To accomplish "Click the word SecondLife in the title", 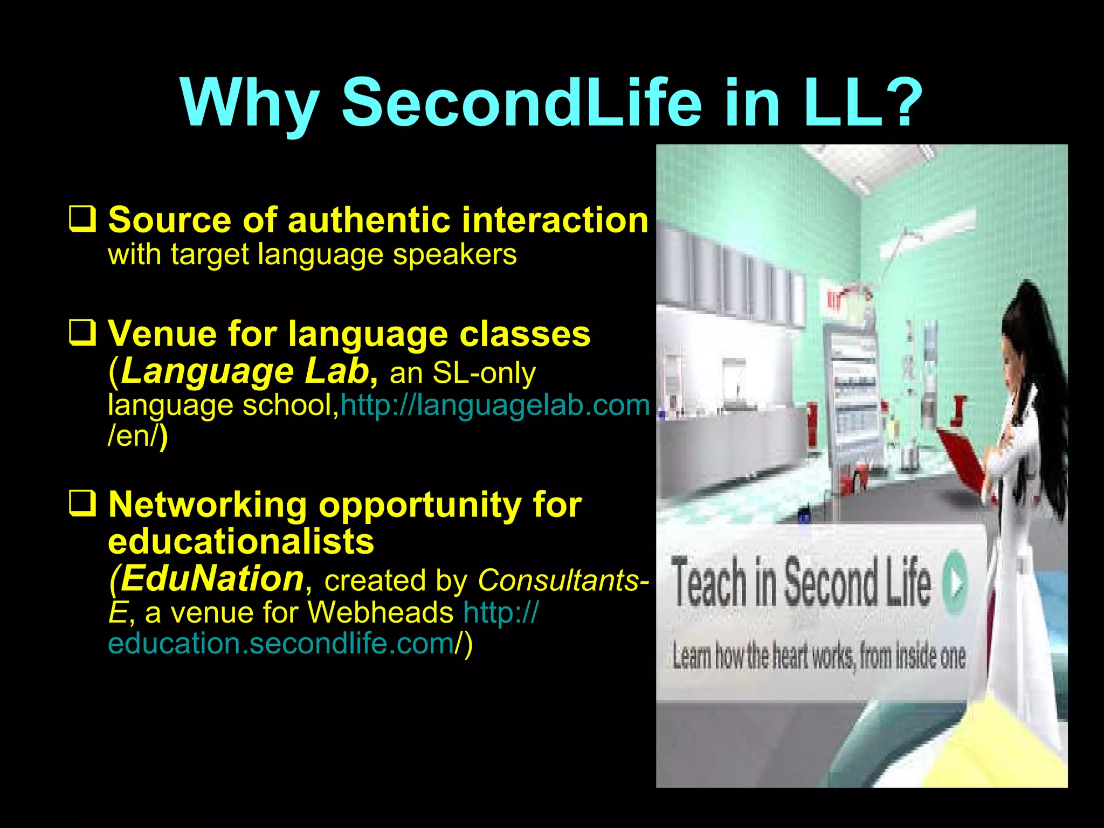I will coord(522,102).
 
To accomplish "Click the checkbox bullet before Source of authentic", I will coord(82,219).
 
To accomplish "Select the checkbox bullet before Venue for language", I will coord(82,332).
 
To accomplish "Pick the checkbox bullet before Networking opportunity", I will coord(82,503).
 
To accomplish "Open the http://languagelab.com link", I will coord(495,405).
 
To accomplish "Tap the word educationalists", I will coord(241,541).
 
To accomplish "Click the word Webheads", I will coord(381,612).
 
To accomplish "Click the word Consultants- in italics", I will coord(563,580).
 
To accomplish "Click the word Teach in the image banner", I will coord(708,583).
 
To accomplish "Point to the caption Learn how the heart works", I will coord(818,657).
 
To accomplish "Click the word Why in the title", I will coord(250,102).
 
